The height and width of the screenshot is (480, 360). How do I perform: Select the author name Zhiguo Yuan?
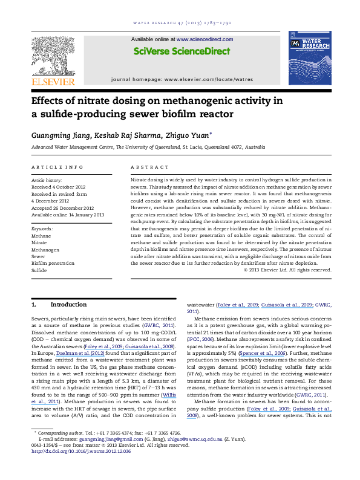pyautogui.click(x=188, y=135)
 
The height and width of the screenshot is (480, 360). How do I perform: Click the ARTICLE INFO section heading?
pyautogui.click(x=52, y=166)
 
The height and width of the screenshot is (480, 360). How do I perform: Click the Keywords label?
pyautogui.click(x=42, y=230)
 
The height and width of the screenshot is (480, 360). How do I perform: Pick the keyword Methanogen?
pyautogui.click(x=45, y=248)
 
